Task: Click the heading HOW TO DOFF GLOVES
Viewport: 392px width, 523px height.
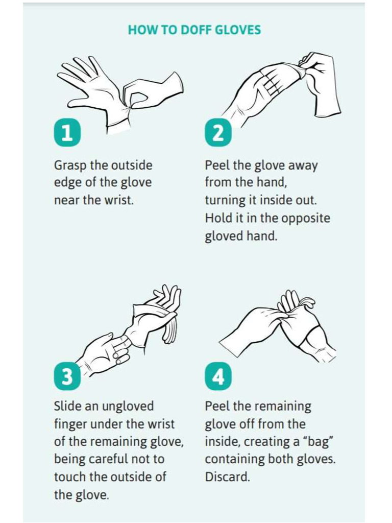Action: [194, 30]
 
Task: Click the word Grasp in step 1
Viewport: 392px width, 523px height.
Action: [70, 166]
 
